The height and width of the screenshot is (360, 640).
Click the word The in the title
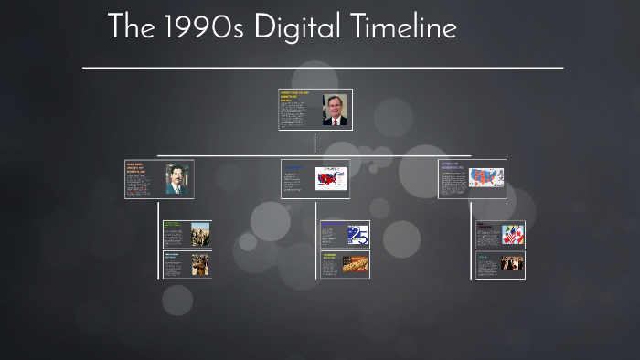click(x=126, y=27)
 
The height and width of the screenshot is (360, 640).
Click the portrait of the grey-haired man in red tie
click(x=335, y=110)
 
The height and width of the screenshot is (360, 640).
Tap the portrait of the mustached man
click(x=176, y=179)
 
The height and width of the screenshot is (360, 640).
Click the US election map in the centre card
click(x=330, y=179)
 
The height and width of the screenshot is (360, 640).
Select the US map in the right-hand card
click(x=486, y=177)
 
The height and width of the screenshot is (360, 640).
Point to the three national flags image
click(x=512, y=235)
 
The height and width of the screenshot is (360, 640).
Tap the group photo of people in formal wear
click(x=512, y=265)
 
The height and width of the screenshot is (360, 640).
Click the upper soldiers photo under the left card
click(x=200, y=234)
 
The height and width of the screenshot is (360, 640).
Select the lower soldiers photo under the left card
click(x=200, y=265)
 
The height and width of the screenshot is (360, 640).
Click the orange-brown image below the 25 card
click(x=356, y=264)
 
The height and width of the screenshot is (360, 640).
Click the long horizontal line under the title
click(x=322, y=68)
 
